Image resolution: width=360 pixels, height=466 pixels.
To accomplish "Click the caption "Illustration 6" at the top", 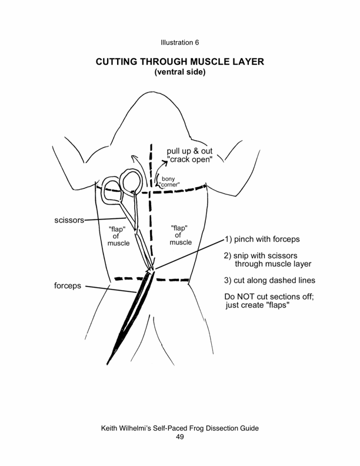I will coord(180,42).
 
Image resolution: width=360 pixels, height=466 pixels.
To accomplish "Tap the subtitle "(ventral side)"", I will coord(179,73).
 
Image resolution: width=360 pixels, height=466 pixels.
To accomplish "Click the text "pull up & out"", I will coord(190,152).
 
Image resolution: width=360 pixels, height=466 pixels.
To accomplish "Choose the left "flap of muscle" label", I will coord(119,235).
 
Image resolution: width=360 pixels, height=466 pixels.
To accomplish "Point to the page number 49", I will coord(180,437).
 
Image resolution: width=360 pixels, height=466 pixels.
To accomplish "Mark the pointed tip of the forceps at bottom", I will coord(108,363).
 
